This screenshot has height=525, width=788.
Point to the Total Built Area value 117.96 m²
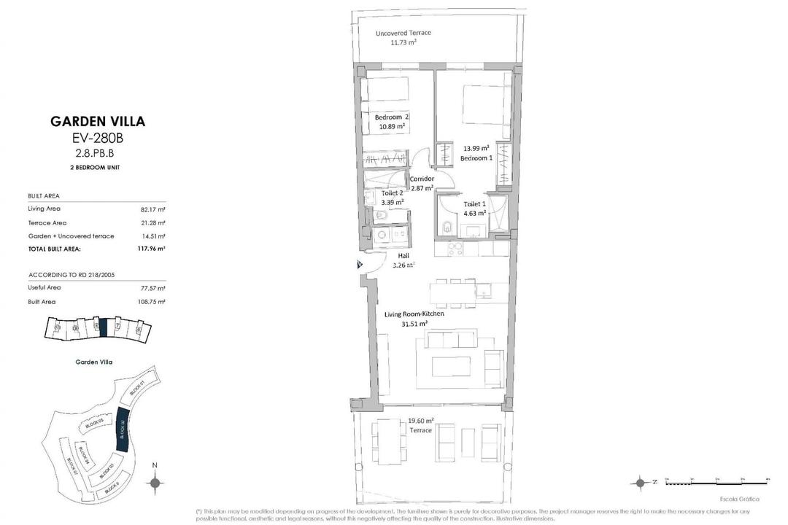151,249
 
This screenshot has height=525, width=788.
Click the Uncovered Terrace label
403,34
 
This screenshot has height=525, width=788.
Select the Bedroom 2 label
392,117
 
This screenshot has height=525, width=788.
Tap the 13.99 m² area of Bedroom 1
476,148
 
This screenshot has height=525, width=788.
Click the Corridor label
422,179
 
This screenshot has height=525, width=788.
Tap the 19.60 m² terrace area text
421,421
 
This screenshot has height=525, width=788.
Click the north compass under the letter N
155,482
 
